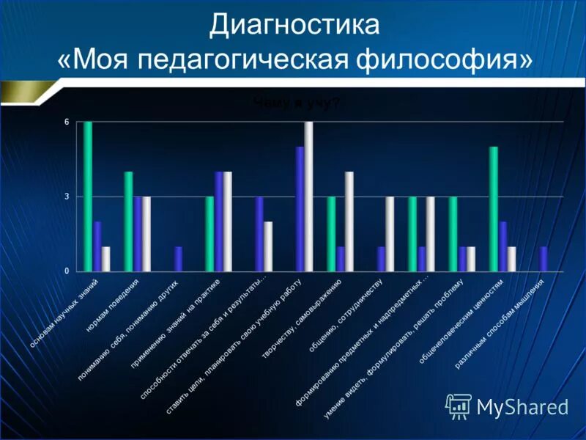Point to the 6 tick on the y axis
point(66,122)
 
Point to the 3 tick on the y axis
point(66,197)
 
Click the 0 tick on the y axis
point(66,271)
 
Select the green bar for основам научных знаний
point(88,197)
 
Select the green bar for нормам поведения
point(128,221)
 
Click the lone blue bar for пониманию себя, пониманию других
point(178,259)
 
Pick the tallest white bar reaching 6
point(308,197)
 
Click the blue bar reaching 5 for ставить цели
point(300,209)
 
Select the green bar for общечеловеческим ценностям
point(494,209)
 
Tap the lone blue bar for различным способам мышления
point(544,259)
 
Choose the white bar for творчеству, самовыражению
point(349,221)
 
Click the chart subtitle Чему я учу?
point(297,104)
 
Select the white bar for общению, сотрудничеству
point(390,234)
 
